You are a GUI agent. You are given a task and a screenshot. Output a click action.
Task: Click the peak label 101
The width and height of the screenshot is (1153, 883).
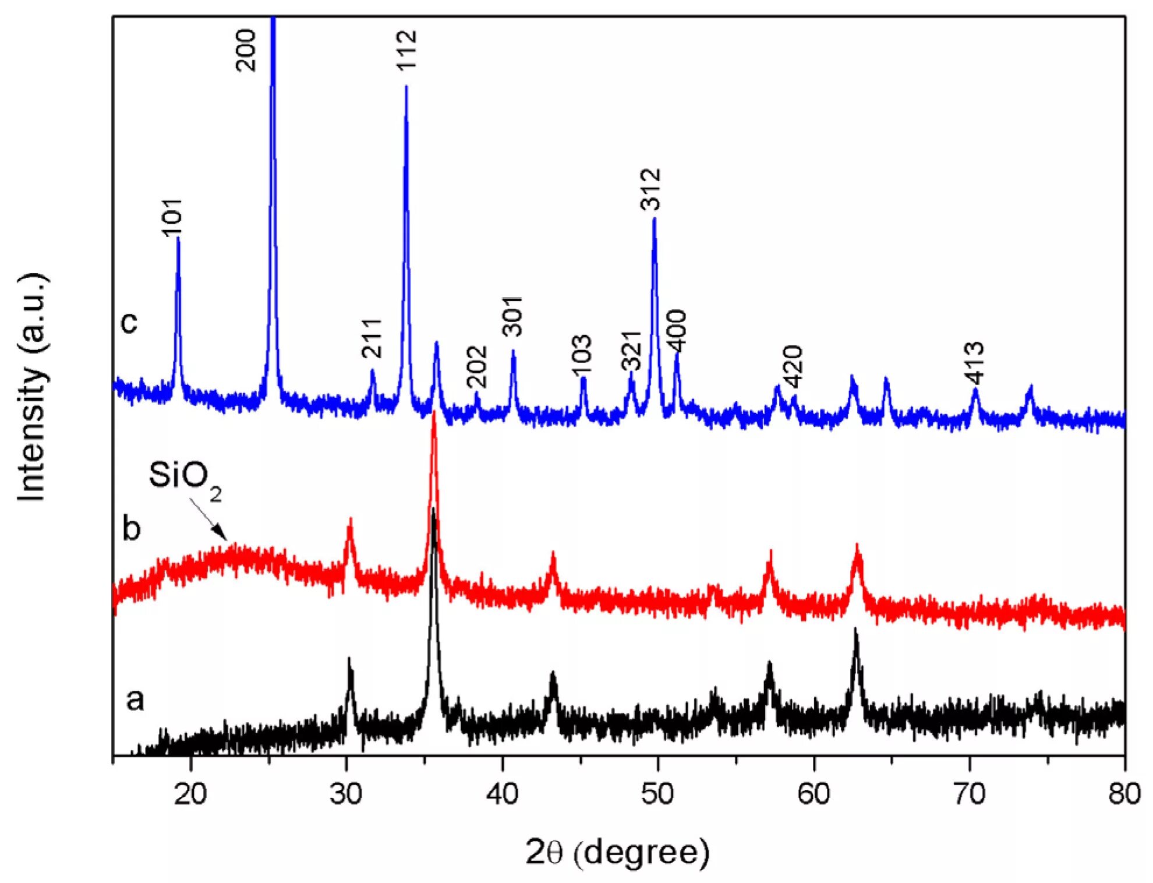pyautogui.click(x=173, y=218)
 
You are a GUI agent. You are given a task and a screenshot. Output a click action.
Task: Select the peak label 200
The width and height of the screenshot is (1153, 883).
pyautogui.click(x=246, y=50)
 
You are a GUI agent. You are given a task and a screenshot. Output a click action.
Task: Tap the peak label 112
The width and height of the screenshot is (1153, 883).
pyautogui.click(x=407, y=50)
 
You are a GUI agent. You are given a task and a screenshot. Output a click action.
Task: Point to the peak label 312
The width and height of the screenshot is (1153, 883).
pyautogui.click(x=650, y=189)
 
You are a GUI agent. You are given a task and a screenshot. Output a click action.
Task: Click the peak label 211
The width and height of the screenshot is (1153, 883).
pyautogui.click(x=372, y=338)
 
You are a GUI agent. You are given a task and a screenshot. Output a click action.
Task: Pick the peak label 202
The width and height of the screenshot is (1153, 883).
pyautogui.click(x=477, y=367)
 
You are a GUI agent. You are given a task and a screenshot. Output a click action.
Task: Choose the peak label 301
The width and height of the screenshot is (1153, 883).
pyautogui.click(x=512, y=316)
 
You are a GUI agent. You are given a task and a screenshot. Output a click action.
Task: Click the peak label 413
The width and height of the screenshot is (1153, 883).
pyautogui.click(x=974, y=363)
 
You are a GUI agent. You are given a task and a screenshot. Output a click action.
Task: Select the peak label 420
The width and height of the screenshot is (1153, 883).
pyautogui.click(x=793, y=367)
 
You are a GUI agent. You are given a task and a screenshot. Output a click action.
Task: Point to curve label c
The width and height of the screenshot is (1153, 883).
pyautogui.click(x=129, y=322)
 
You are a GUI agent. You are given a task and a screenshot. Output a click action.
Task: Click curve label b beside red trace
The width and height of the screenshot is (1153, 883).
pyautogui.click(x=132, y=528)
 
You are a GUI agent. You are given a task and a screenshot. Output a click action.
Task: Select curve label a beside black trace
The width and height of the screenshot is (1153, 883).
pyautogui.click(x=135, y=699)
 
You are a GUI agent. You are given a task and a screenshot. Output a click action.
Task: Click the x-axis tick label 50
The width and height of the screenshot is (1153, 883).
pyautogui.click(x=658, y=793)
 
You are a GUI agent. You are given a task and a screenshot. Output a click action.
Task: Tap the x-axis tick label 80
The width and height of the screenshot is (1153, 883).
pyautogui.click(x=1124, y=793)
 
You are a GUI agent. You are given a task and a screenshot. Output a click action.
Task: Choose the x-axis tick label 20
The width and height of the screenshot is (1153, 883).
pyautogui.click(x=190, y=793)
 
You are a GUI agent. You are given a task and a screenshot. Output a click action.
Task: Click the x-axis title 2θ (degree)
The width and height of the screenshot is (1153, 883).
pyautogui.click(x=617, y=853)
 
